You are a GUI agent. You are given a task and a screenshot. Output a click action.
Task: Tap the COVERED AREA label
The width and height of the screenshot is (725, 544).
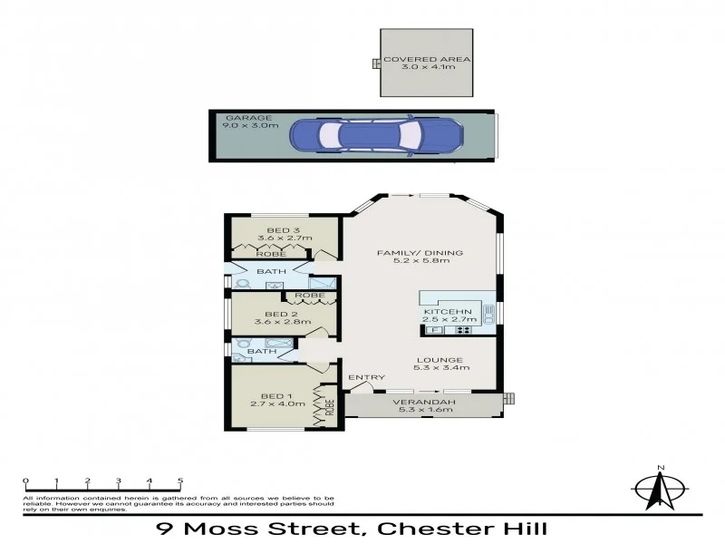coord(427,60)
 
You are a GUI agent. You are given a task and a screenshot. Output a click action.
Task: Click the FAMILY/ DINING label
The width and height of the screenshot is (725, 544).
coord(420,252)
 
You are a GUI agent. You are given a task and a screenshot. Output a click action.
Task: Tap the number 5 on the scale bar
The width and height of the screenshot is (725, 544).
coord(180,481)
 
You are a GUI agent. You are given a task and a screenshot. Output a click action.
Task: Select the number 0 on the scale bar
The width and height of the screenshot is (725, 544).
coord(26,481)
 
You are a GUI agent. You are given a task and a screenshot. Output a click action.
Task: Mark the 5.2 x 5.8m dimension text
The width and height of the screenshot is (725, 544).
coord(420,262)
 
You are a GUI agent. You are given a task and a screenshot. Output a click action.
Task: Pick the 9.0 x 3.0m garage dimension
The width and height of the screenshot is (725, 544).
coord(246,127)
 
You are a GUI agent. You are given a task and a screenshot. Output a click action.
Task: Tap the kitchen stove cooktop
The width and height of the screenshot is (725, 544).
coord(462,329)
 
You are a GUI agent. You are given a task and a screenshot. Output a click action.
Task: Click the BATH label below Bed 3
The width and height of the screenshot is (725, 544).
coord(270,271)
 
